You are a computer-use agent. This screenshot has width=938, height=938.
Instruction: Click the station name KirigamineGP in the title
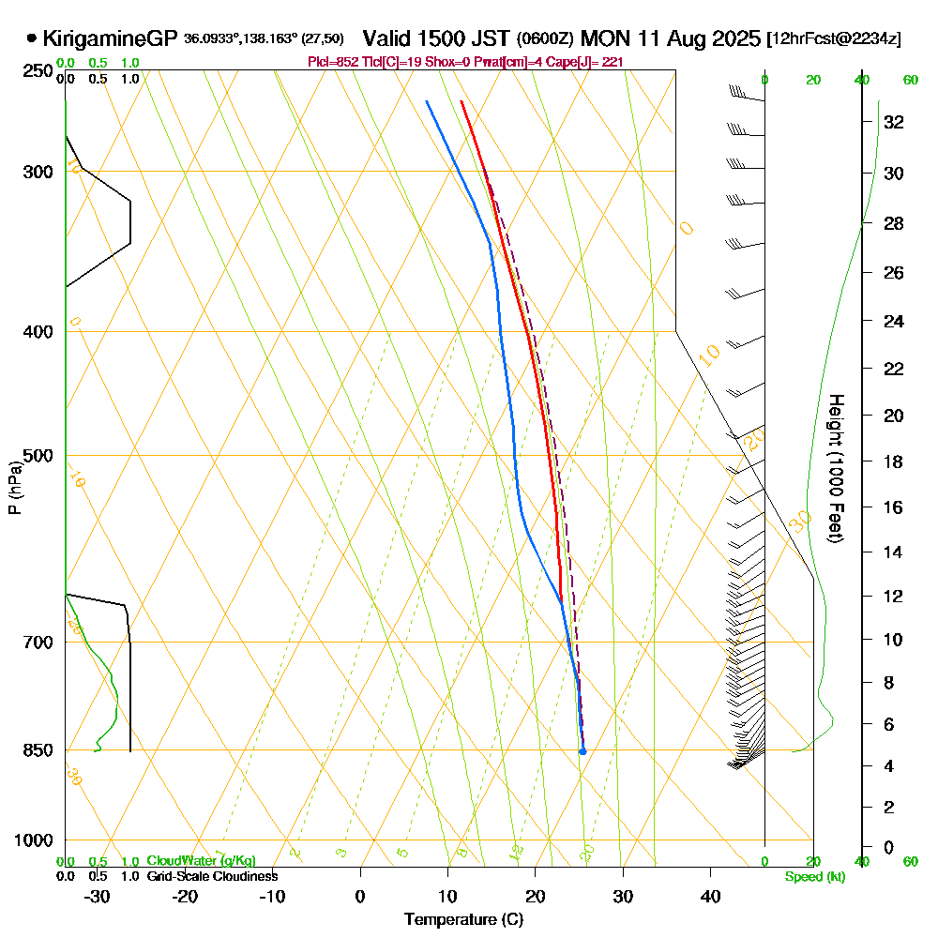(x=109, y=38)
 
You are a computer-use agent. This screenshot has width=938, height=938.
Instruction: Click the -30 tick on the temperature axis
(x=98, y=896)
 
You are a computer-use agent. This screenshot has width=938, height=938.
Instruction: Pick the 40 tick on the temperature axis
(x=710, y=896)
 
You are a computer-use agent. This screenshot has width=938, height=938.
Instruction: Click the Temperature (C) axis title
(x=463, y=919)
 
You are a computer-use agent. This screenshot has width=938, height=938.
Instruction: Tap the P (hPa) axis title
(x=14, y=488)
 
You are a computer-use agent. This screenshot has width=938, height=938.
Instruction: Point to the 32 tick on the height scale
(x=894, y=121)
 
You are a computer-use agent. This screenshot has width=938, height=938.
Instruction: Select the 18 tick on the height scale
(x=894, y=461)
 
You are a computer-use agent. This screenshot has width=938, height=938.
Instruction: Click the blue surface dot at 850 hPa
(x=582, y=751)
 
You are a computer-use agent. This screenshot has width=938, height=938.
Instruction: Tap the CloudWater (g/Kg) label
(x=202, y=861)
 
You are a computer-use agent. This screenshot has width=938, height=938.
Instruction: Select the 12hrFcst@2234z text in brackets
(x=834, y=38)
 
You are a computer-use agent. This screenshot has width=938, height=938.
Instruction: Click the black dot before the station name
(x=32, y=38)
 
